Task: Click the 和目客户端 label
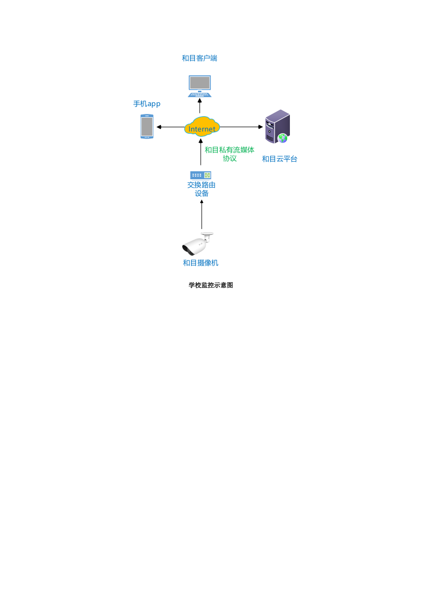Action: tap(199, 58)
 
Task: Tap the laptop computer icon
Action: tap(200, 86)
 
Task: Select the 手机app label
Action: tap(147, 104)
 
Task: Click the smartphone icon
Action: tap(147, 127)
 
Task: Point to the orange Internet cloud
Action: tap(202, 127)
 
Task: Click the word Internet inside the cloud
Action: tap(202, 129)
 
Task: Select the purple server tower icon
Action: tap(277, 126)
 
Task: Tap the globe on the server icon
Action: tap(282, 138)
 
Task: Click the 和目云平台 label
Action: tap(279, 159)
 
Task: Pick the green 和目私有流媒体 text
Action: tap(229, 150)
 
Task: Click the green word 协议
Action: tap(229, 158)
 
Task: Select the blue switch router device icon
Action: tap(201, 175)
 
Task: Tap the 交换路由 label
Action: tap(201, 185)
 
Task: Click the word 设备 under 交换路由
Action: tap(202, 194)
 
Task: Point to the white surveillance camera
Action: tap(197, 244)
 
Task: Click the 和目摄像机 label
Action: tap(201, 262)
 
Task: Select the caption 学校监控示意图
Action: tap(211, 285)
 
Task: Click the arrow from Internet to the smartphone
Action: tap(170, 127)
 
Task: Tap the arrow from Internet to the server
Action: tap(242, 127)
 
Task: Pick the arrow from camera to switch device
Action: tap(202, 214)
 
